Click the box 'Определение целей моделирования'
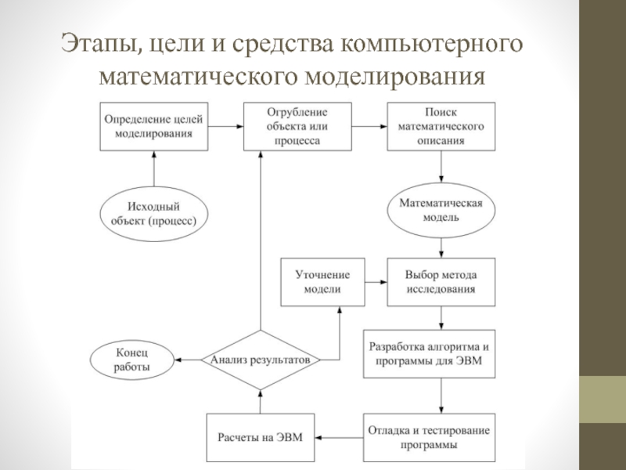coord(153,125)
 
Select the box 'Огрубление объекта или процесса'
coord(296,125)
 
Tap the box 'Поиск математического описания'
coord(441,125)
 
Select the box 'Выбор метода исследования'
coord(441,283)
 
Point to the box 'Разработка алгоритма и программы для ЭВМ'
coord(441,355)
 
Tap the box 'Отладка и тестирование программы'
coord(441,436)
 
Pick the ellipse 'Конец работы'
coord(131,360)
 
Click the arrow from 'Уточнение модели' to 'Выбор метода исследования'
coord(370,283)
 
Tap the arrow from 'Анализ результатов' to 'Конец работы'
coord(187,360)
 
